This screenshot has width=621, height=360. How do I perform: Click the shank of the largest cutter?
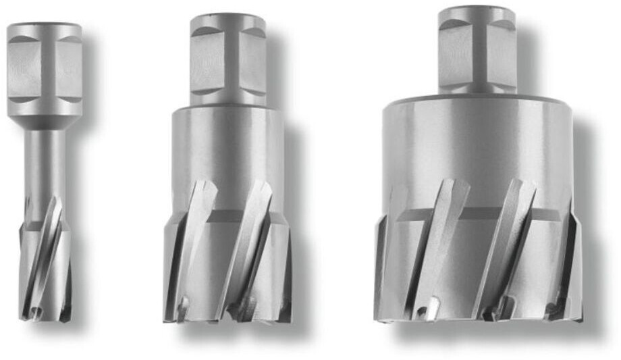click(477, 51)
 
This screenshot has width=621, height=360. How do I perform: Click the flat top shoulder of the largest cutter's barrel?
click(477, 101)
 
